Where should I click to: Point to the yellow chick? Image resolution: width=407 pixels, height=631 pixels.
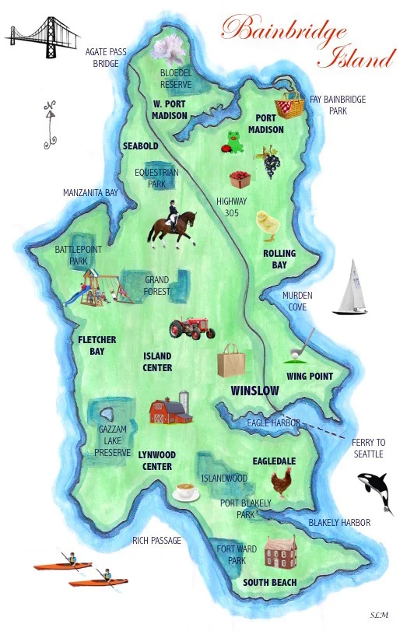click(x=269, y=223)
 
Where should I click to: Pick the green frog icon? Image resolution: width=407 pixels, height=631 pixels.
click(x=233, y=142)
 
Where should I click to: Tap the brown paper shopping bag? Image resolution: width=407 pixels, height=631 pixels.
click(x=231, y=362)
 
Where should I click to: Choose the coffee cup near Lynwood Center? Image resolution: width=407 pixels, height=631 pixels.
click(x=186, y=492)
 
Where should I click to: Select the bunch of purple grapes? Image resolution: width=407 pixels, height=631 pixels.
click(x=271, y=163)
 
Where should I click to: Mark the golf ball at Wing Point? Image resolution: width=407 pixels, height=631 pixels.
click(x=295, y=354)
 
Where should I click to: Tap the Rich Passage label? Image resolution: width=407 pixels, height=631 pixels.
click(x=156, y=540)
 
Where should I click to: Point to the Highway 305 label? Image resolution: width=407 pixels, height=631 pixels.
click(x=231, y=207)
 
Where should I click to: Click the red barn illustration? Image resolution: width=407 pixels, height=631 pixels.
click(x=170, y=410)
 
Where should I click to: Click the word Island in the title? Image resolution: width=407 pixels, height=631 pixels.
click(x=359, y=57)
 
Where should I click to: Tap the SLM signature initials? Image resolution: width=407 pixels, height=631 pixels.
click(x=379, y=613)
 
